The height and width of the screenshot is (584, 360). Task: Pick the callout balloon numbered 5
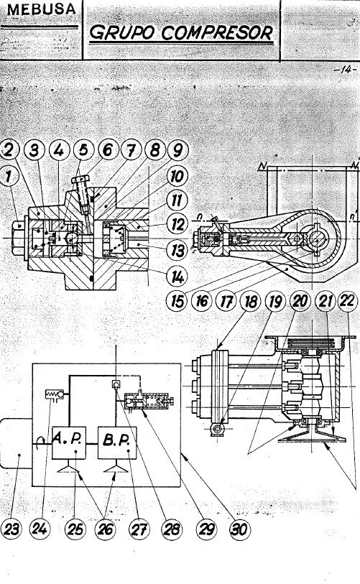point(85,149)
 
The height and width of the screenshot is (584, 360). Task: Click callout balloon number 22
point(347,301)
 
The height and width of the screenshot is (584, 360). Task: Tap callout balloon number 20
point(301,301)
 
